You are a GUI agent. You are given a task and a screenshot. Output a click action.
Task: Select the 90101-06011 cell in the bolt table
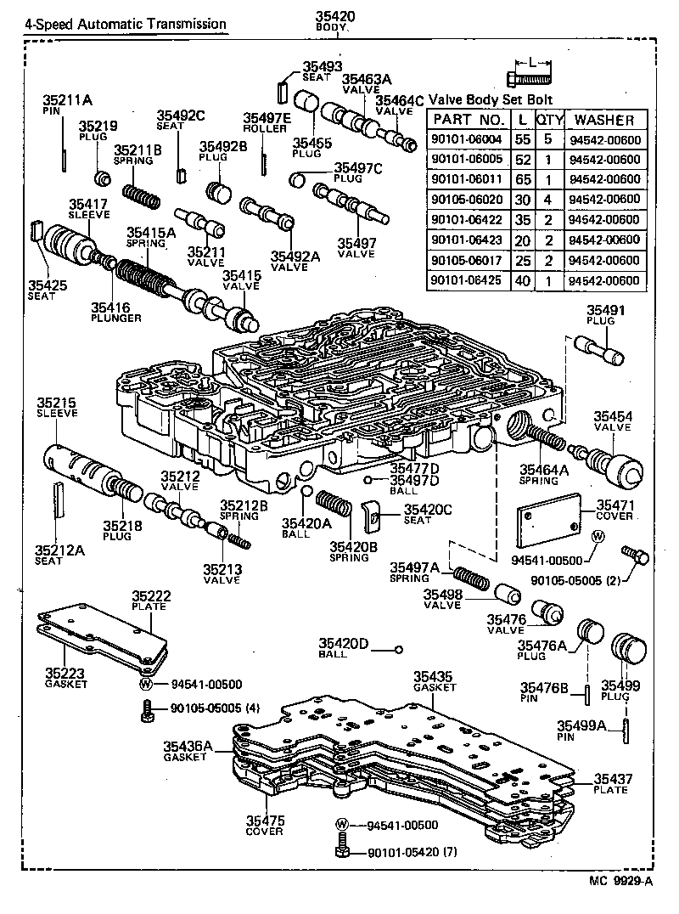468,180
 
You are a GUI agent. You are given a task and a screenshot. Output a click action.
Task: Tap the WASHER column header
604,120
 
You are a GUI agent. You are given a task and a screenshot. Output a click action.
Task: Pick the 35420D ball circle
397,651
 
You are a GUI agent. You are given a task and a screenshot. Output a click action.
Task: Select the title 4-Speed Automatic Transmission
125,24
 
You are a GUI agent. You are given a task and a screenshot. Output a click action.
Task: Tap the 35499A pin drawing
626,730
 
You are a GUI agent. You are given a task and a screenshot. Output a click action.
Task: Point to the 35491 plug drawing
599,347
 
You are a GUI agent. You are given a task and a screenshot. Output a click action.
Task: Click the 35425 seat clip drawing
36,230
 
